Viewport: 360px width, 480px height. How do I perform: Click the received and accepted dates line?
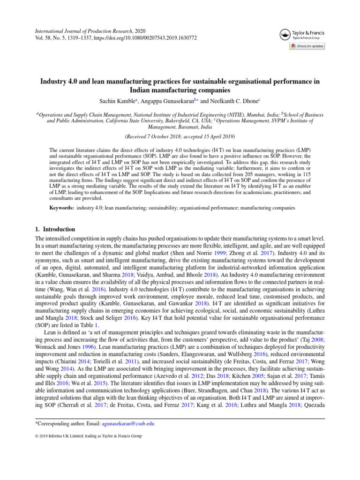coord(180,137)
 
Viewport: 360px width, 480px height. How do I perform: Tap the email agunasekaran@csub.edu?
coord(129,450)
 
